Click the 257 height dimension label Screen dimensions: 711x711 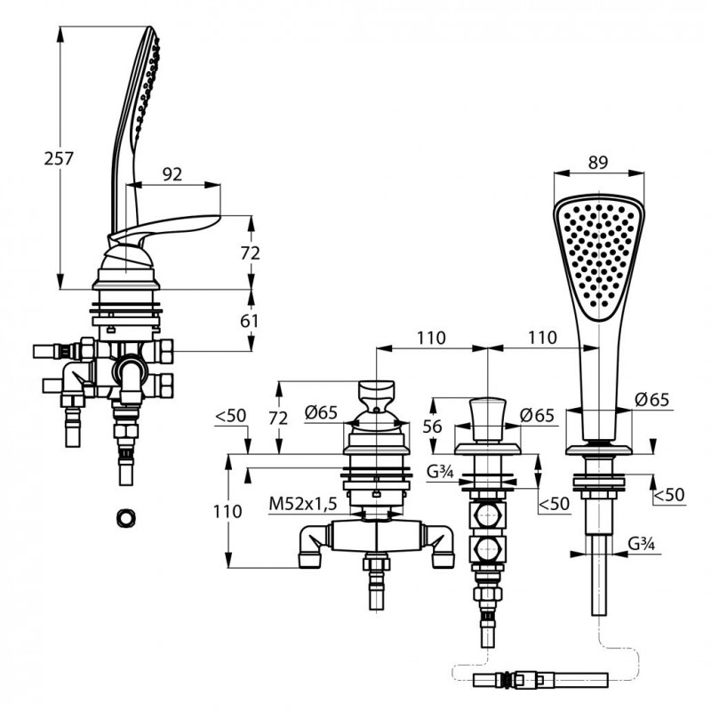59,158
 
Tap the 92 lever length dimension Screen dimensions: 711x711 172,173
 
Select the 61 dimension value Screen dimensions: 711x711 250,321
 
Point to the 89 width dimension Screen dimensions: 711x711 598,162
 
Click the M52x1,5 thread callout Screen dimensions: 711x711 303,503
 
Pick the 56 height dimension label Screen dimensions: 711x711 432,427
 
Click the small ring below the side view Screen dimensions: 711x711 125,518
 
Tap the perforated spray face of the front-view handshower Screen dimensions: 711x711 599,256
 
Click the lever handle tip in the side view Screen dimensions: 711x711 219,217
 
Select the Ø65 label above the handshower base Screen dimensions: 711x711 651,399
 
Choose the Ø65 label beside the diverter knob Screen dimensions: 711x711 537,415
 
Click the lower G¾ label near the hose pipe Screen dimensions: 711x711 642,543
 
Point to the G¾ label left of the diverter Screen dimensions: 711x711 440,472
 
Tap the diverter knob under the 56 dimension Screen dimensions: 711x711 487,419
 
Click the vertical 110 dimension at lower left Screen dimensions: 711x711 228,511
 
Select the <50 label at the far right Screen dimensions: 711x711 669,494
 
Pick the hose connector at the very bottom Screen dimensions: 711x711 540,679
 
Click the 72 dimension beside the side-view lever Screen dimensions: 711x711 251,252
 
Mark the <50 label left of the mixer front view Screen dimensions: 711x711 230,415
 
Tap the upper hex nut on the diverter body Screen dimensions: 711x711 488,514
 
